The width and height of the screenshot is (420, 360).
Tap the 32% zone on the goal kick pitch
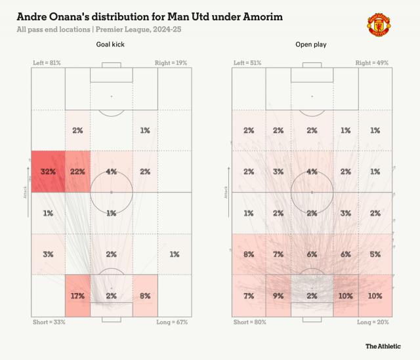pos(48,172)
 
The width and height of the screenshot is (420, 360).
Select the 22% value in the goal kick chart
pos(77,172)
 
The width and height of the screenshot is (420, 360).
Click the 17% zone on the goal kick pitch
pos(77,296)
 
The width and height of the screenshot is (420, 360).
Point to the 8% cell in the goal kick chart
pos(145,296)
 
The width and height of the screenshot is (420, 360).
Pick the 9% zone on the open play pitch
pos(279,296)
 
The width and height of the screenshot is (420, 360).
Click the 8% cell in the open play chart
pos(248,254)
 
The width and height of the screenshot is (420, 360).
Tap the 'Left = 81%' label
pos(47,63)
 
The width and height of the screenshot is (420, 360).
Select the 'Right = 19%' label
pos(171,63)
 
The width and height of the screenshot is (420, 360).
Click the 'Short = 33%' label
pos(49,323)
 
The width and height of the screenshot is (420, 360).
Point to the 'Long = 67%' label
pos(171,323)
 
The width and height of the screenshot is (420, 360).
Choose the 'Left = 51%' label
pos(247,63)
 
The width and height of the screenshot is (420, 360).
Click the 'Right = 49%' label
pos(372,63)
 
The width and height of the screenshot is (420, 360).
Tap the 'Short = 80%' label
pos(250,323)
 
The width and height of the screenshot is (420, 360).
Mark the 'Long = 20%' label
pos(373,323)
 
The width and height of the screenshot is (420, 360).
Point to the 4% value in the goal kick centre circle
pos(112,172)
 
